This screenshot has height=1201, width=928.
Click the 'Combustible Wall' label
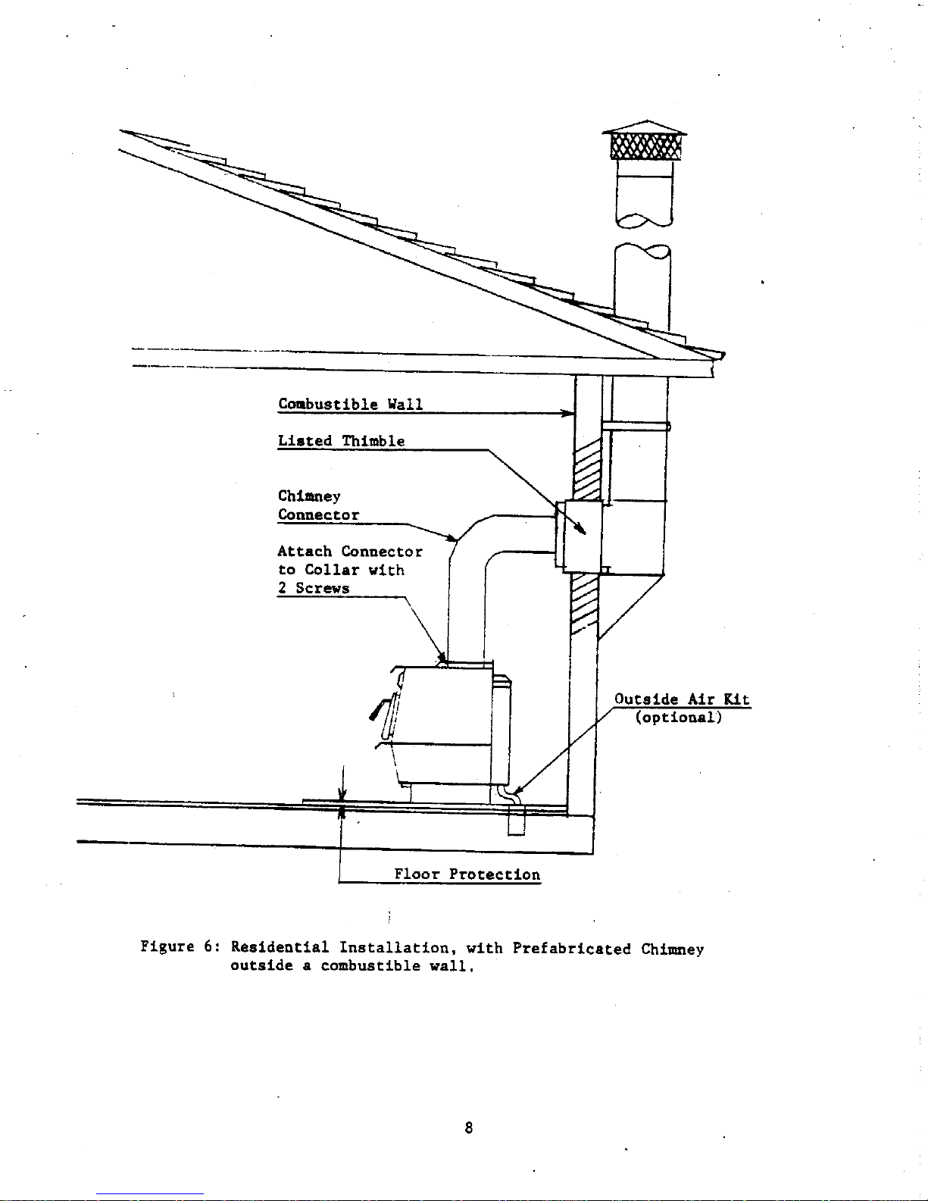pyautogui.click(x=350, y=404)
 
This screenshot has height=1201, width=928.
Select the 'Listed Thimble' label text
pyautogui.click(x=341, y=441)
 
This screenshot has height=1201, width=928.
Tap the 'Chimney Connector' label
pyautogui.click(x=318, y=505)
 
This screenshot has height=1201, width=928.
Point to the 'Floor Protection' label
pyautogui.click(x=467, y=874)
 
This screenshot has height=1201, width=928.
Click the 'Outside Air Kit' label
pyautogui.click(x=682, y=699)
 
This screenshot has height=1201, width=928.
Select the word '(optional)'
pyautogui.click(x=678, y=718)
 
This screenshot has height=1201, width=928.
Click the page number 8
pyautogui.click(x=468, y=1128)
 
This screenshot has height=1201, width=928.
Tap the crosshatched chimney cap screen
pyautogui.click(x=645, y=147)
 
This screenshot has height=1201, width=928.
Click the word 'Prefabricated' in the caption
pyautogui.click(x=571, y=949)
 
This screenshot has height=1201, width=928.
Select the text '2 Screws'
pyautogui.click(x=313, y=588)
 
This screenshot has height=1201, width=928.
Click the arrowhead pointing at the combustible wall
pyautogui.click(x=568, y=413)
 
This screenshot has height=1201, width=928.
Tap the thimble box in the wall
pyautogui.click(x=579, y=536)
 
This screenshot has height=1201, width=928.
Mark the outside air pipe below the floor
pyautogui.click(x=516, y=820)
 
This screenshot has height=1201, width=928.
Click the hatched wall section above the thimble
pyautogui.click(x=586, y=470)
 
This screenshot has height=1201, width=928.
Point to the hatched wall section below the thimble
pyautogui.click(x=584, y=603)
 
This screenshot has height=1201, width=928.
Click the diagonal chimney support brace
pyautogui.click(x=631, y=608)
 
